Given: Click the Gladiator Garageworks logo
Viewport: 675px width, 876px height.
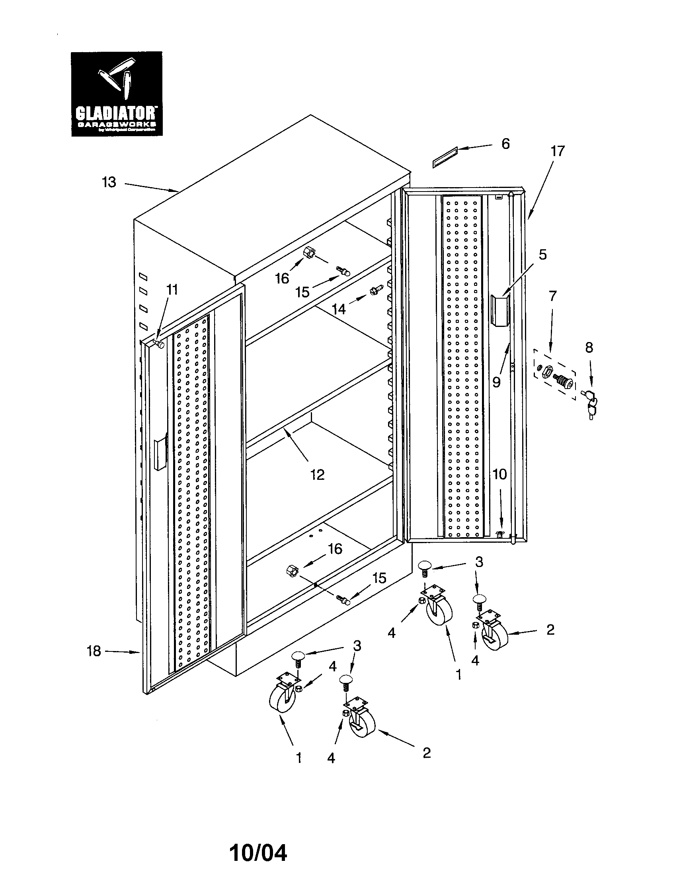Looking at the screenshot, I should [117, 94].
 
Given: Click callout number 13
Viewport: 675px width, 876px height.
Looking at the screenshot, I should [109, 182].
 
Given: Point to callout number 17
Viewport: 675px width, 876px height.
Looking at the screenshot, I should [557, 151].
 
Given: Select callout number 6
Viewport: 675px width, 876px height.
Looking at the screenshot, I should [505, 144].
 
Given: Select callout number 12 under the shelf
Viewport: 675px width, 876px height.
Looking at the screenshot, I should [317, 475].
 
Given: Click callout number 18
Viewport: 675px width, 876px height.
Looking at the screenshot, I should [94, 651].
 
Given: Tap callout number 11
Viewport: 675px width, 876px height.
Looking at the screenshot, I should [172, 289].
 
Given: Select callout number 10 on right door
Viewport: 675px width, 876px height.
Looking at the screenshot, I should [499, 475].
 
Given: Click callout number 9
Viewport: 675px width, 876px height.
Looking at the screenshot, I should [496, 382].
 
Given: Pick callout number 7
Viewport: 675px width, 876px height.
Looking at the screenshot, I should [552, 296].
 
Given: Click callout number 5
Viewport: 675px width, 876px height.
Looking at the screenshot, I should [542, 254].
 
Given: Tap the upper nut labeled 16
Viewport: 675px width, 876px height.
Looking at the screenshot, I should [309, 253].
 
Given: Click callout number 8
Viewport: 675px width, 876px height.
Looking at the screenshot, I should [588, 347].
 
